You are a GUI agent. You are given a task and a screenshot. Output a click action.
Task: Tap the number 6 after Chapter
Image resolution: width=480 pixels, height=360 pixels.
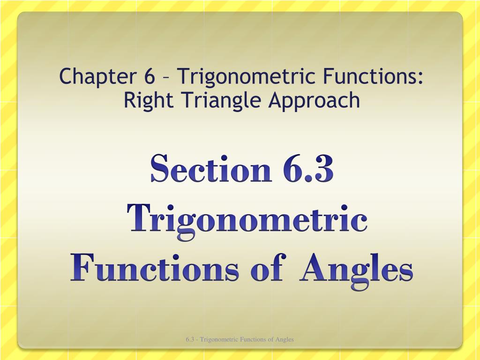[150, 76]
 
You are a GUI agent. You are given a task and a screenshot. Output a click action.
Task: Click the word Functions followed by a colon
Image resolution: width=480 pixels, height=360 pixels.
[369, 76]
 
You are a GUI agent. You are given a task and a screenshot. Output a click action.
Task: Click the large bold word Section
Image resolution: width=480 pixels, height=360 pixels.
[211, 169]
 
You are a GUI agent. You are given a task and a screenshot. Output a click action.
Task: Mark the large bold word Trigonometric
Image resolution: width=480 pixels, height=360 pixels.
[247, 220]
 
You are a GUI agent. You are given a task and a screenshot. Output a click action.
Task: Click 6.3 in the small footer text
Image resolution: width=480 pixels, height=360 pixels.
[190, 339]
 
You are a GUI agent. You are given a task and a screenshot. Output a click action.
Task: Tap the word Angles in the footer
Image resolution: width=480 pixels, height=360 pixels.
[285, 339]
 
